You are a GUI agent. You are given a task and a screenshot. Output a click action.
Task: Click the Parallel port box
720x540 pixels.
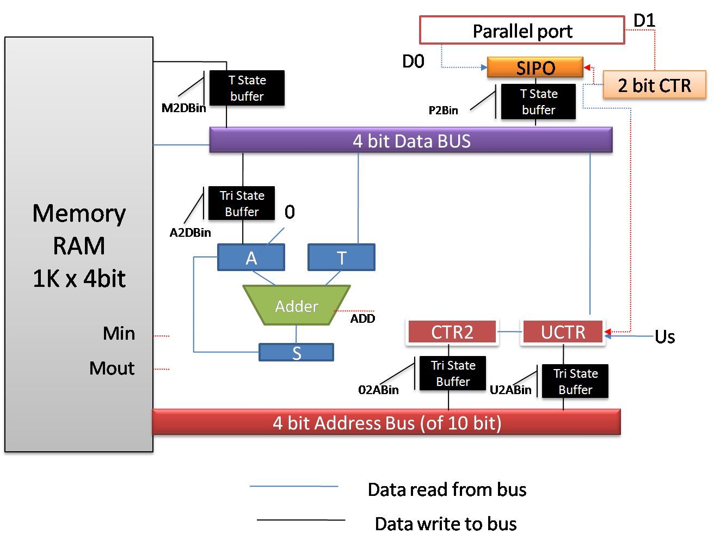[x=522, y=30]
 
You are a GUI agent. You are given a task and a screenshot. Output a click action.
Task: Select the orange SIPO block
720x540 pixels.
[x=536, y=68]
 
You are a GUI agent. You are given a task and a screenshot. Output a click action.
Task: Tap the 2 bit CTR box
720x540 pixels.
[x=654, y=85]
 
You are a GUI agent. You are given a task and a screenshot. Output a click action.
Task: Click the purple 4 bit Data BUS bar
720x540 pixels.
[x=411, y=141]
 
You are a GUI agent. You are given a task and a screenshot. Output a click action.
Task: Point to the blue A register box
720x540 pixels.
[x=251, y=257]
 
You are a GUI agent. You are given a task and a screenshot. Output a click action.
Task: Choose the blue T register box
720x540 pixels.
[x=341, y=257]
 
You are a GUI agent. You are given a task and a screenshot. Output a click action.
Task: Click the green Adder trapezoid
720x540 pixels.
[x=297, y=306]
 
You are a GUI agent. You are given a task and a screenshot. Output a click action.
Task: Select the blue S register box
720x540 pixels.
[x=297, y=353]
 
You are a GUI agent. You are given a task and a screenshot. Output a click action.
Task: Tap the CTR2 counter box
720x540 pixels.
[x=452, y=332]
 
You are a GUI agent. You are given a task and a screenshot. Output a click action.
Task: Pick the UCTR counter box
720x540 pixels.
[x=563, y=332]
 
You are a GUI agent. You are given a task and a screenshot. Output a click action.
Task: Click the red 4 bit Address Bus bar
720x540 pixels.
[x=387, y=423]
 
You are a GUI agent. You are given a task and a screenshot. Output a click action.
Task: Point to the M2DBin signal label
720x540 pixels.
[x=183, y=108]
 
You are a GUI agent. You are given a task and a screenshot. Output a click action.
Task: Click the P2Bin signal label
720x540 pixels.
[x=443, y=111]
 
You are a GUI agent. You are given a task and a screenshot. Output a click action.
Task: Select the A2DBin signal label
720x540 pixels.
[x=190, y=233]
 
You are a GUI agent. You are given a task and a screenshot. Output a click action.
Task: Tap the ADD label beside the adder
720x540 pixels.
[x=362, y=319]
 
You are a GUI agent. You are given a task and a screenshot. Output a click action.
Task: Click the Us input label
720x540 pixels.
[x=664, y=337]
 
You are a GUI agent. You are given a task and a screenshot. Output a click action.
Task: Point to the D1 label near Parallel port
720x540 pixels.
[x=644, y=21]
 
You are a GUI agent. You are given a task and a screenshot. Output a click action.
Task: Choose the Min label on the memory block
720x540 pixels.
[x=119, y=333]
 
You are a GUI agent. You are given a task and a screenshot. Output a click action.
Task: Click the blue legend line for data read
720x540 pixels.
[x=294, y=486]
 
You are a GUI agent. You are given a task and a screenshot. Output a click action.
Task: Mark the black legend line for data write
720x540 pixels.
[x=301, y=520]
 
